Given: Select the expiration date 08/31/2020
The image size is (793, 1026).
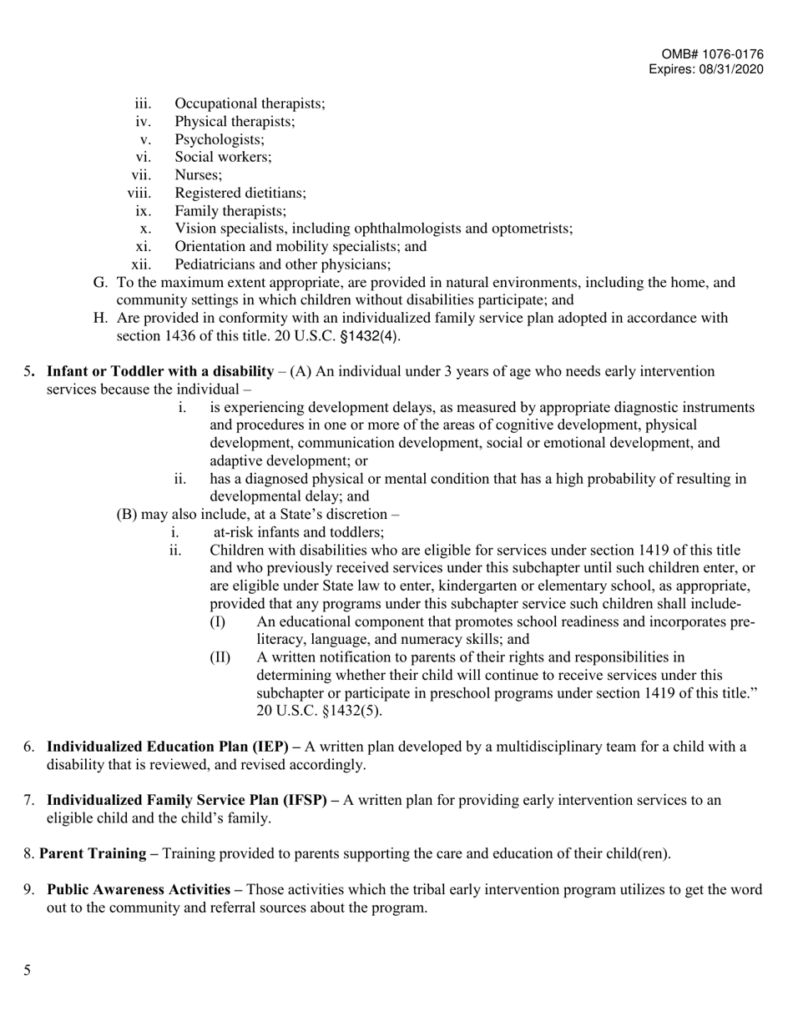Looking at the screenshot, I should pyautogui.click(x=733, y=70).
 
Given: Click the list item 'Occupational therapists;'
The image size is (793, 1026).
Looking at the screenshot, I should pyautogui.click(x=250, y=103).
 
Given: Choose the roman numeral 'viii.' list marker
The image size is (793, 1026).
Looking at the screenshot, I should pyautogui.click(x=139, y=193).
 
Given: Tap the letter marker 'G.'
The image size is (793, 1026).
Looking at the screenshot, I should pyautogui.click(x=101, y=283).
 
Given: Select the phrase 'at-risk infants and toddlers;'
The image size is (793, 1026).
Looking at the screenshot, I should pyautogui.click(x=299, y=532).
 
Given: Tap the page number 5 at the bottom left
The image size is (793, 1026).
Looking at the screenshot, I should pyautogui.click(x=28, y=970).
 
